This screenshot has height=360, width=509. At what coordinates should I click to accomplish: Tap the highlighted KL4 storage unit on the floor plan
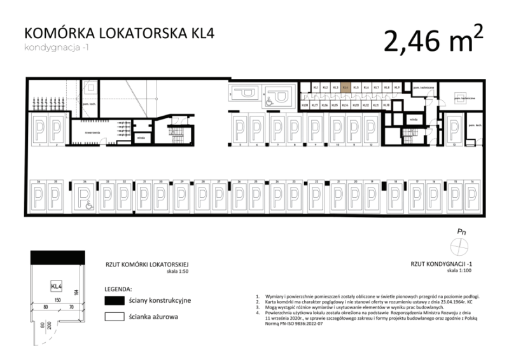coord(345,88)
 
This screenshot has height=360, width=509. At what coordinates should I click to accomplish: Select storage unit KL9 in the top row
coord(396,88)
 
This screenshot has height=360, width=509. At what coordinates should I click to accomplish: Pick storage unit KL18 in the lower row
coord(305,105)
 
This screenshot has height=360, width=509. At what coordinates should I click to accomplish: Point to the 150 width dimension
coord(57,299)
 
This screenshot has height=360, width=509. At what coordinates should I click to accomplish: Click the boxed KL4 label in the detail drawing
coord(56,286)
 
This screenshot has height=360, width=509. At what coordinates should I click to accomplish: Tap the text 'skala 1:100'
coord(460,270)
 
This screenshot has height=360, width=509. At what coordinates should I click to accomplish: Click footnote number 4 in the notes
coord(257,313)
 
